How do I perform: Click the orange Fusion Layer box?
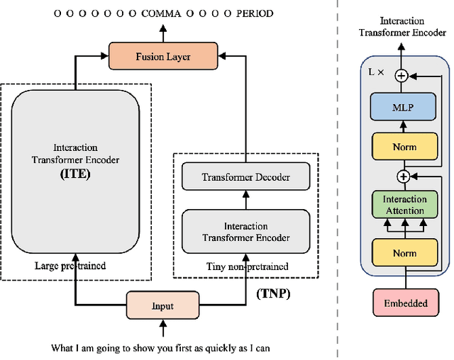point(163,56)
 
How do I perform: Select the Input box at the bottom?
point(163,306)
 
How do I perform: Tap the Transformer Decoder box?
point(245,177)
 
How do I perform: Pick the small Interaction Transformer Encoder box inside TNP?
point(245,232)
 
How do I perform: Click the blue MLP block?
point(402,108)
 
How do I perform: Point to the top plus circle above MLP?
point(402,75)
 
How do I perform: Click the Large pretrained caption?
point(70,266)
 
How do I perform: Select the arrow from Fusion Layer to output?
point(163,33)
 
